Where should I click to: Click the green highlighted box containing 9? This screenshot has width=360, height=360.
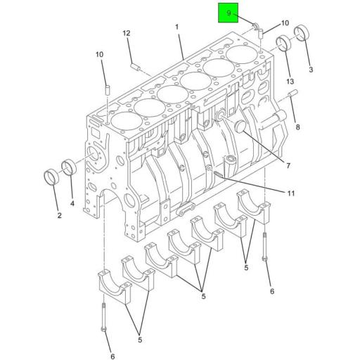tap(228, 13)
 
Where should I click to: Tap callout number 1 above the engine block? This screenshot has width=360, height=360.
tap(177, 27)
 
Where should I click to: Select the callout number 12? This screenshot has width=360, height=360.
tap(127, 33)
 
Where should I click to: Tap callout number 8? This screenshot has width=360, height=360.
tap(297, 127)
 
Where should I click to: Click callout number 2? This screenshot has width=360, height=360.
tap(59, 216)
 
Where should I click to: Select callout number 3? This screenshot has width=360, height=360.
tap(311, 70)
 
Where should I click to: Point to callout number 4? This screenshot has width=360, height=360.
tap(72, 205)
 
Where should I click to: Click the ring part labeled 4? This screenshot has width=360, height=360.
tap(68, 168)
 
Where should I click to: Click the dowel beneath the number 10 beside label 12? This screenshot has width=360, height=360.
tap(107, 90)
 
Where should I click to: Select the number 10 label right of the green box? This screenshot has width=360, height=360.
tap(265, 22)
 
